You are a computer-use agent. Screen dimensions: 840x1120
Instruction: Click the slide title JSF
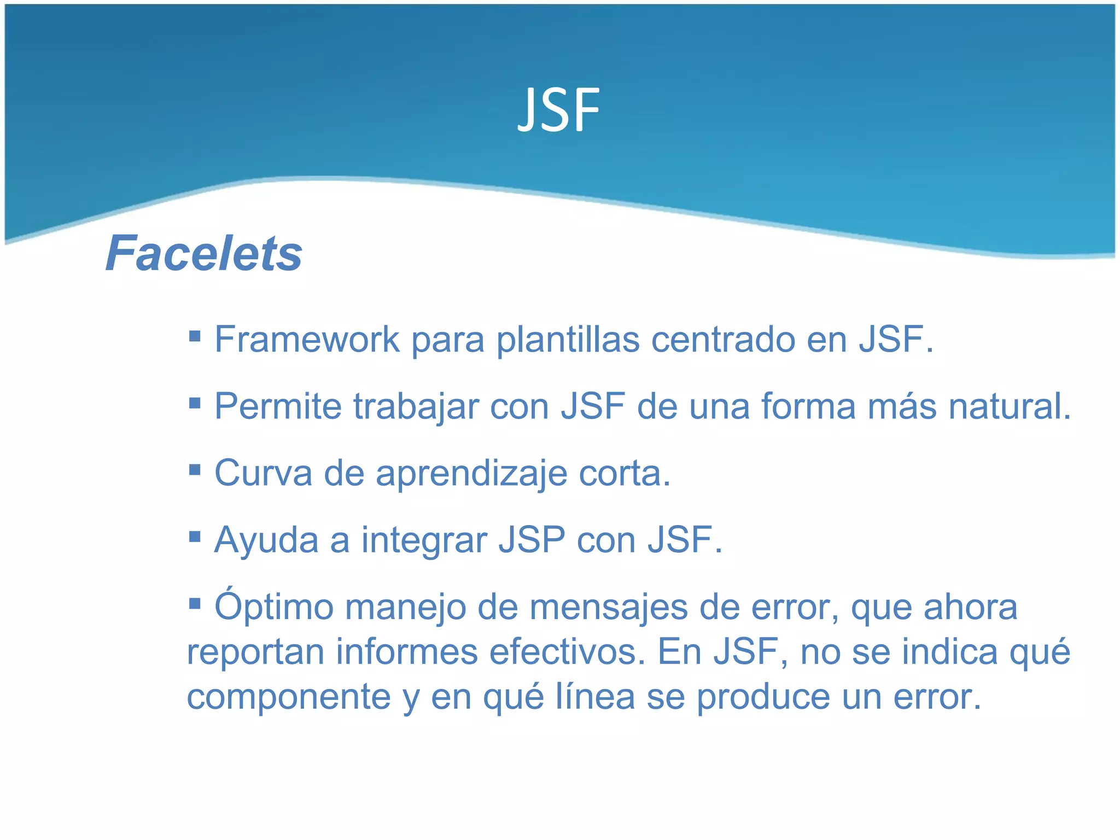[558, 111]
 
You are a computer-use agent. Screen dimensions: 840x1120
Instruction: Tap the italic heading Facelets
[204, 253]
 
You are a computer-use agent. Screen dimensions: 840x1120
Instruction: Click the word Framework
[307, 340]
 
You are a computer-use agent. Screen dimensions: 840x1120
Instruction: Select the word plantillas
[568, 340]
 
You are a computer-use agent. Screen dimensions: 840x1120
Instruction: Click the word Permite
[278, 406]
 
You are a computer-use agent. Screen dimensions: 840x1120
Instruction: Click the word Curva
[263, 473]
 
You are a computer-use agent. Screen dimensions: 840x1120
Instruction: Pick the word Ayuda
[266, 540]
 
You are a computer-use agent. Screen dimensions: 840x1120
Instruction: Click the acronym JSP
[532, 540]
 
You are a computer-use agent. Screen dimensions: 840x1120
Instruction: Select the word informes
[406, 652]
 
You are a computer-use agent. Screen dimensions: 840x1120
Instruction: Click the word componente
[289, 697]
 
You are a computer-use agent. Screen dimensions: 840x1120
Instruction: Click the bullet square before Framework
[195, 335]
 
